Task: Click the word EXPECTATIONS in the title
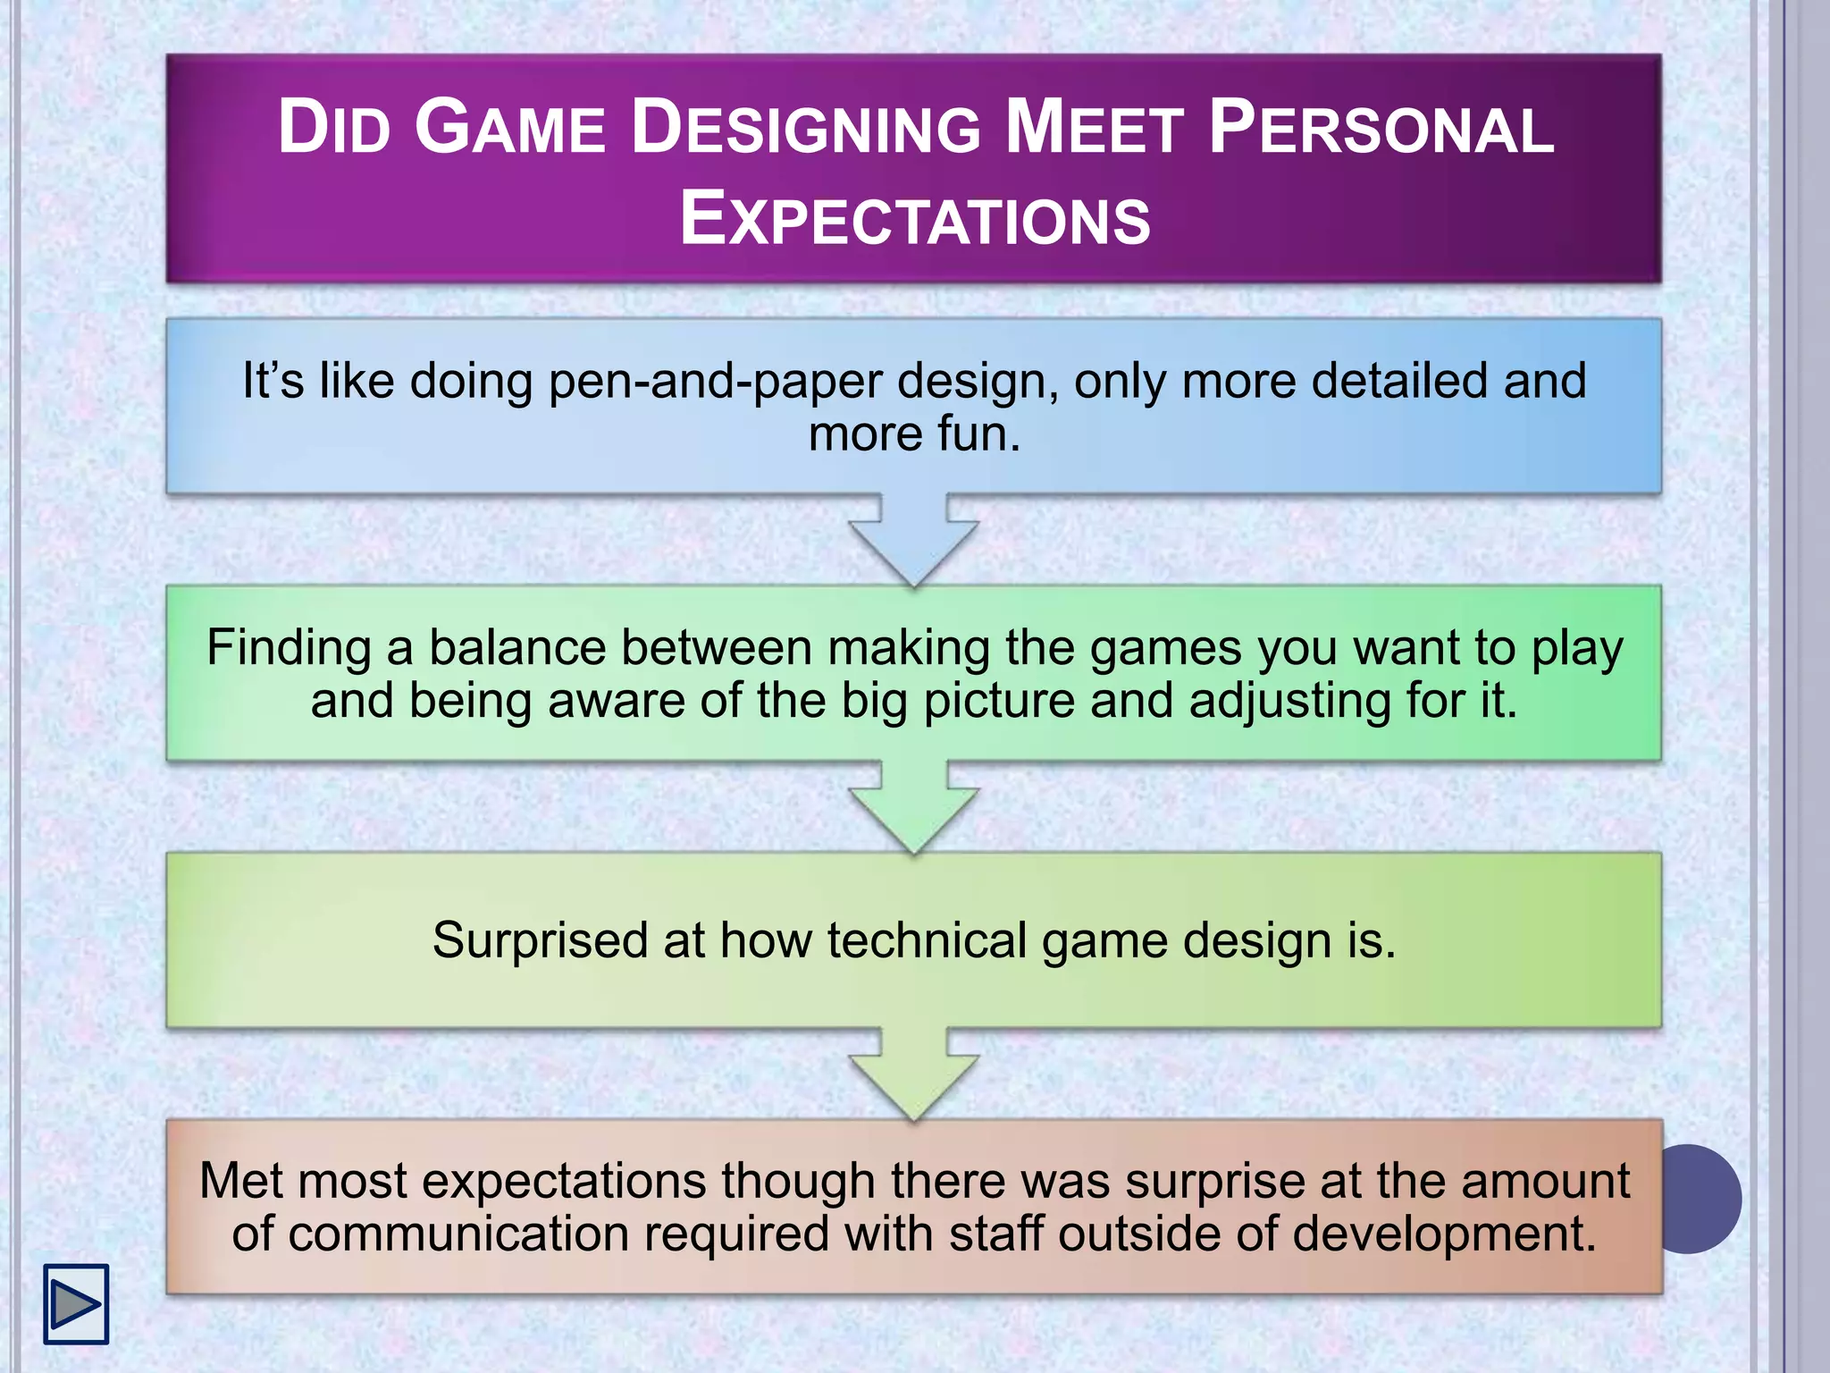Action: coord(915,220)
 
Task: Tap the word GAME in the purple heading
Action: coord(509,128)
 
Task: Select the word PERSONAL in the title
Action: coord(1381,128)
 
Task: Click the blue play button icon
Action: coord(76,1303)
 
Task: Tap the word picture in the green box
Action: coord(998,701)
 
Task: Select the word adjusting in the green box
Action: coord(1289,701)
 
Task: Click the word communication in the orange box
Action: coord(459,1234)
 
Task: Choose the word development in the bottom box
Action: coord(1443,1234)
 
